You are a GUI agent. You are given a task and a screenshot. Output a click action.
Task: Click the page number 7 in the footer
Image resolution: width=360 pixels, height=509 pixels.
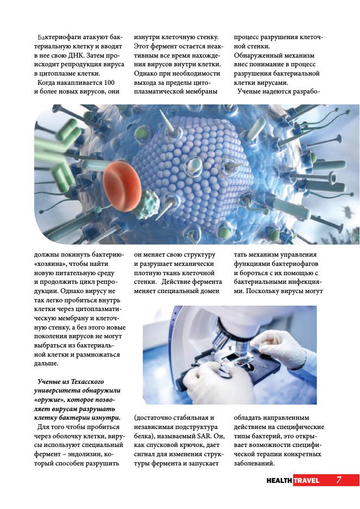click(338, 480)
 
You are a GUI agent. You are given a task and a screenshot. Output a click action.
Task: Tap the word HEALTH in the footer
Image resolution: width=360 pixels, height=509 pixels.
click(279, 480)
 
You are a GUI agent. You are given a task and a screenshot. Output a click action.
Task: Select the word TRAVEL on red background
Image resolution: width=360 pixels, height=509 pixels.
click(307, 480)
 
